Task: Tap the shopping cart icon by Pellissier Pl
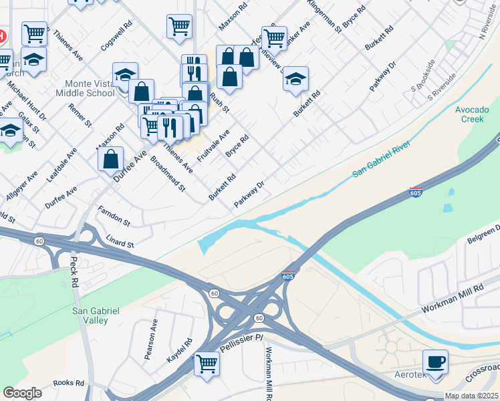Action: pos(207,364)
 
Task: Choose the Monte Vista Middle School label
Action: pos(90,88)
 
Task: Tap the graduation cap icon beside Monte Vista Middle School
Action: pos(125,76)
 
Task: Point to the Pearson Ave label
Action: pos(150,340)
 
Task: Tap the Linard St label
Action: pos(120,241)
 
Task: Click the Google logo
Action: pos(22,393)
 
